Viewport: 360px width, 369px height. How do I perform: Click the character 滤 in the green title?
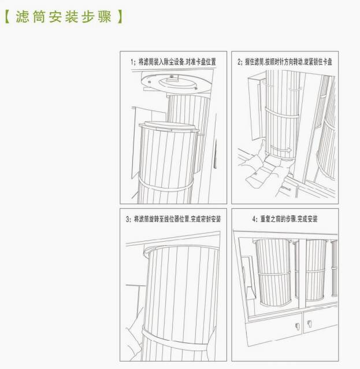coord(23,17)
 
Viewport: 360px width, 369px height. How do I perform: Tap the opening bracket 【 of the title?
coord(8,17)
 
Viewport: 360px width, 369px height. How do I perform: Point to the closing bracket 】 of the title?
coord(120,17)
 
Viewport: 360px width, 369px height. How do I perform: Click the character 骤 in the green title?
coord(105,17)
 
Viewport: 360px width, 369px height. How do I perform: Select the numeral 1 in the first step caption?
coord(132,62)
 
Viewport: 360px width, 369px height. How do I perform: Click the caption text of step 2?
coord(284,62)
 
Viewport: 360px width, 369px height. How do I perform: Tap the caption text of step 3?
coord(173,219)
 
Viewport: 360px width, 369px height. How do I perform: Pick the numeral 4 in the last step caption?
coord(254,219)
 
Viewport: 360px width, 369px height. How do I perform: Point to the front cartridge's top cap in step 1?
coord(169,126)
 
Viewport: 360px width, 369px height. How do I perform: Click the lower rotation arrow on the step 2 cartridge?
coord(281,149)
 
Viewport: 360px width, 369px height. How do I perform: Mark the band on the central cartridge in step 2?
coord(281,114)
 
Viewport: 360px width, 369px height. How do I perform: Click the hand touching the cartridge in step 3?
coord(135,334)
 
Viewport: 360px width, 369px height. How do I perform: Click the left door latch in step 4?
coord(297,326)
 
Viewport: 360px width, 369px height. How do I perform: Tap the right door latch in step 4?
coord(310,324)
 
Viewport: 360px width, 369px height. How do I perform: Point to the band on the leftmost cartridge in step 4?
coord(274,273)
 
